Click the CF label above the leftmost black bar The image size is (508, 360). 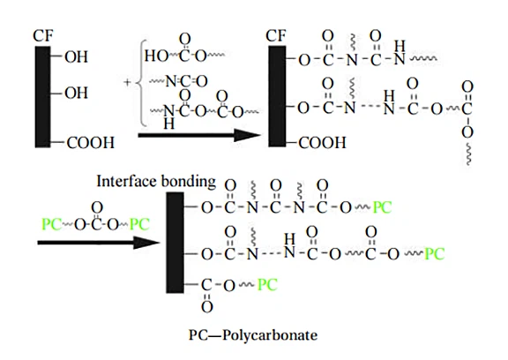click(42, 36)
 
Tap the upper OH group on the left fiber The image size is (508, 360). click(76, 56)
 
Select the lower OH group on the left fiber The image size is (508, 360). click(76, 93)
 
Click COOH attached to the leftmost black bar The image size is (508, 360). click(90, 143)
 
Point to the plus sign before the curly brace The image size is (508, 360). click(127, 82)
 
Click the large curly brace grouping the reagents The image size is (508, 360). click(142, 83)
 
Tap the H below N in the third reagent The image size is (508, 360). click(168, 124)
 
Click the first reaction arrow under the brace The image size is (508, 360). click(199, 135)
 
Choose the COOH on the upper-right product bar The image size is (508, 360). click(322, 143)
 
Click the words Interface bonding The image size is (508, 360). click(156, 181)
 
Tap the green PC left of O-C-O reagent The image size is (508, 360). click(51, 224)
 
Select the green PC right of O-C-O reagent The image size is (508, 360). click(139, 224)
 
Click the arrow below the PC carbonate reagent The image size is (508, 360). click(99, 243)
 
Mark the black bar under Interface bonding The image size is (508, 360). click(175, 243)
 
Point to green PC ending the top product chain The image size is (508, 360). click(382, 207)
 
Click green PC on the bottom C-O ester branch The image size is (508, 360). click(267, 285)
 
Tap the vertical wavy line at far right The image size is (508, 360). click(468, 154)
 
